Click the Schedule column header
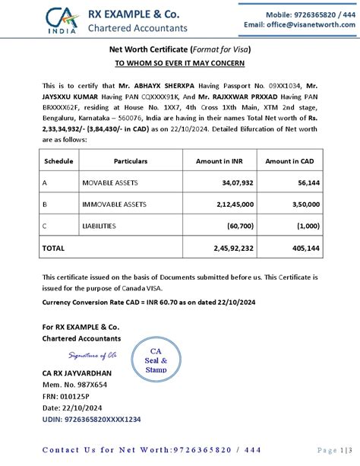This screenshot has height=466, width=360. pos(58,161)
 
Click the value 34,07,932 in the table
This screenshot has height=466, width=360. pos(237,183)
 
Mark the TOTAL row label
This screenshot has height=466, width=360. pos(53,248)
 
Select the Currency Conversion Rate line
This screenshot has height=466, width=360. pos(126,302)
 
